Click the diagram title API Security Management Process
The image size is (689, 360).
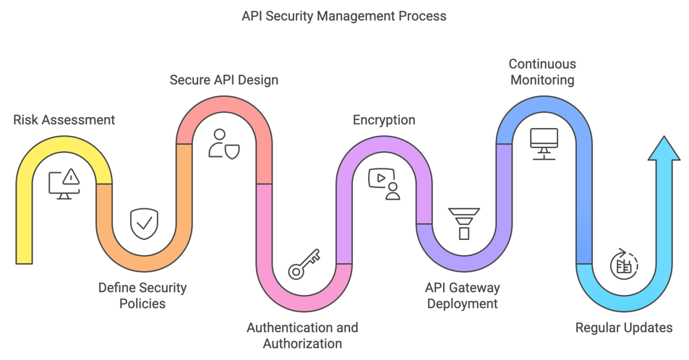click(344, 15)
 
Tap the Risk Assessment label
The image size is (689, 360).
click(64, 120)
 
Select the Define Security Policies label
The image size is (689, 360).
click(142, 296)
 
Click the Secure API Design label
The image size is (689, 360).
click(224, 80)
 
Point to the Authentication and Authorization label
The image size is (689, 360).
click(302, 335)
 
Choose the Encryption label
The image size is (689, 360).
click(384, 120)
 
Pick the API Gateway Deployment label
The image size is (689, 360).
click(463, 296)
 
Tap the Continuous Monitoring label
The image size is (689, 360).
click(542, 72)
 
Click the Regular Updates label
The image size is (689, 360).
click(624, 328)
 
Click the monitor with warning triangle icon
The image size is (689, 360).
click(64, 184)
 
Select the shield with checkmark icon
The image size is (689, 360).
click(144, 223)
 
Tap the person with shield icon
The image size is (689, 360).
click(223, 144)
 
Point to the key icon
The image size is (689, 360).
click(304, 264)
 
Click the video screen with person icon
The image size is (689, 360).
click(384, 184)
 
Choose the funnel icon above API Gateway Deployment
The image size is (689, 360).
click(463, 223)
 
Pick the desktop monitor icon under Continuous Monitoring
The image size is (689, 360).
click(544, 144)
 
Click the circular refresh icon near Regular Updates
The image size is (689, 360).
click(623, 264)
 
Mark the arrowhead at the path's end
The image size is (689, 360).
click(664, 149)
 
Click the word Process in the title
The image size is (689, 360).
click(422, 15)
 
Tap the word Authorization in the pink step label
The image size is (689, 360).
click(303, 343)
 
